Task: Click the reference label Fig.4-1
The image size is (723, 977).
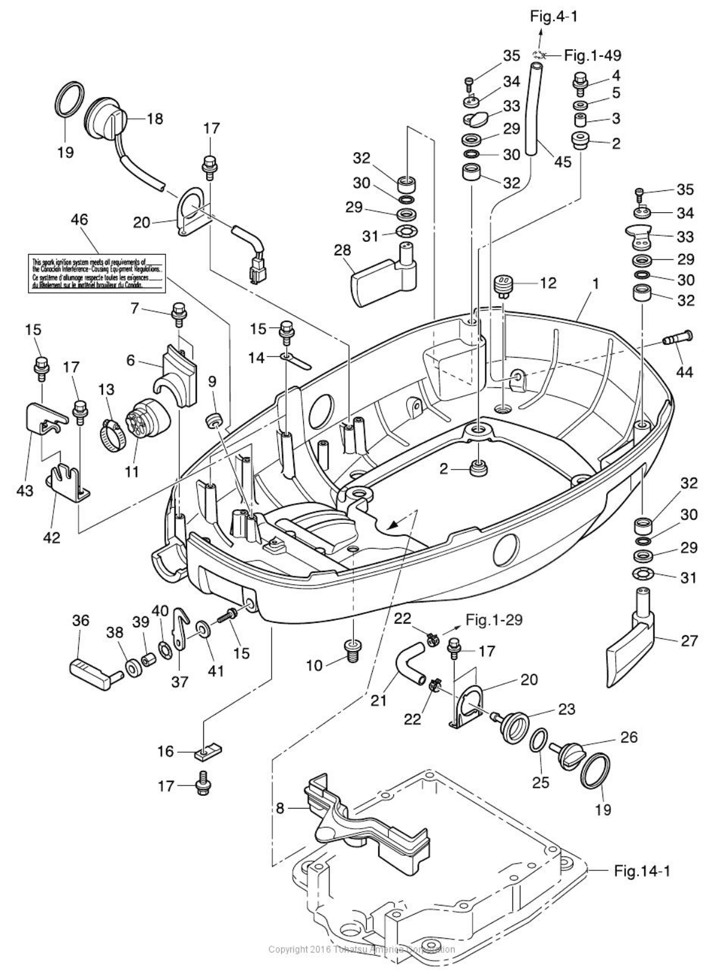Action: [x=554, y=16]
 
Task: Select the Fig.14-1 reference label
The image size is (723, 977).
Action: [x=642, y=871]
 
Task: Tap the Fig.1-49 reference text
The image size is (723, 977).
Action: [x=592, y=55]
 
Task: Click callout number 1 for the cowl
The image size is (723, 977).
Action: [x=596, y=283]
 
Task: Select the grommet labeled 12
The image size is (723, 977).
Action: [x=502, y=284]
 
